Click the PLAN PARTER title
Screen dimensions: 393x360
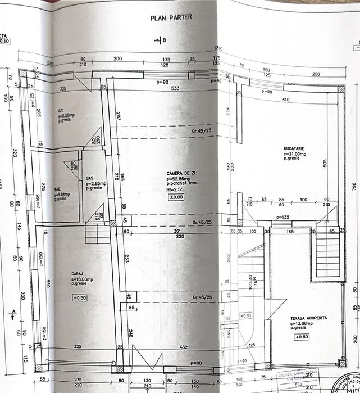click(x=171, y=17)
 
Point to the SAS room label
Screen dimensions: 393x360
click(x=90, y=177)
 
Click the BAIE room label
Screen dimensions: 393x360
click(x=57, y=189)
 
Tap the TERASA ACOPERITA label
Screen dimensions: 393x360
click(x=308, y=318)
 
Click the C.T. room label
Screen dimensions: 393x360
click(x=61, y=110)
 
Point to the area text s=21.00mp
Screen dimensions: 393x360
click(x=295, y=153)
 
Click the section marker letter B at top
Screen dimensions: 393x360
click(x=164, y=40)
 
